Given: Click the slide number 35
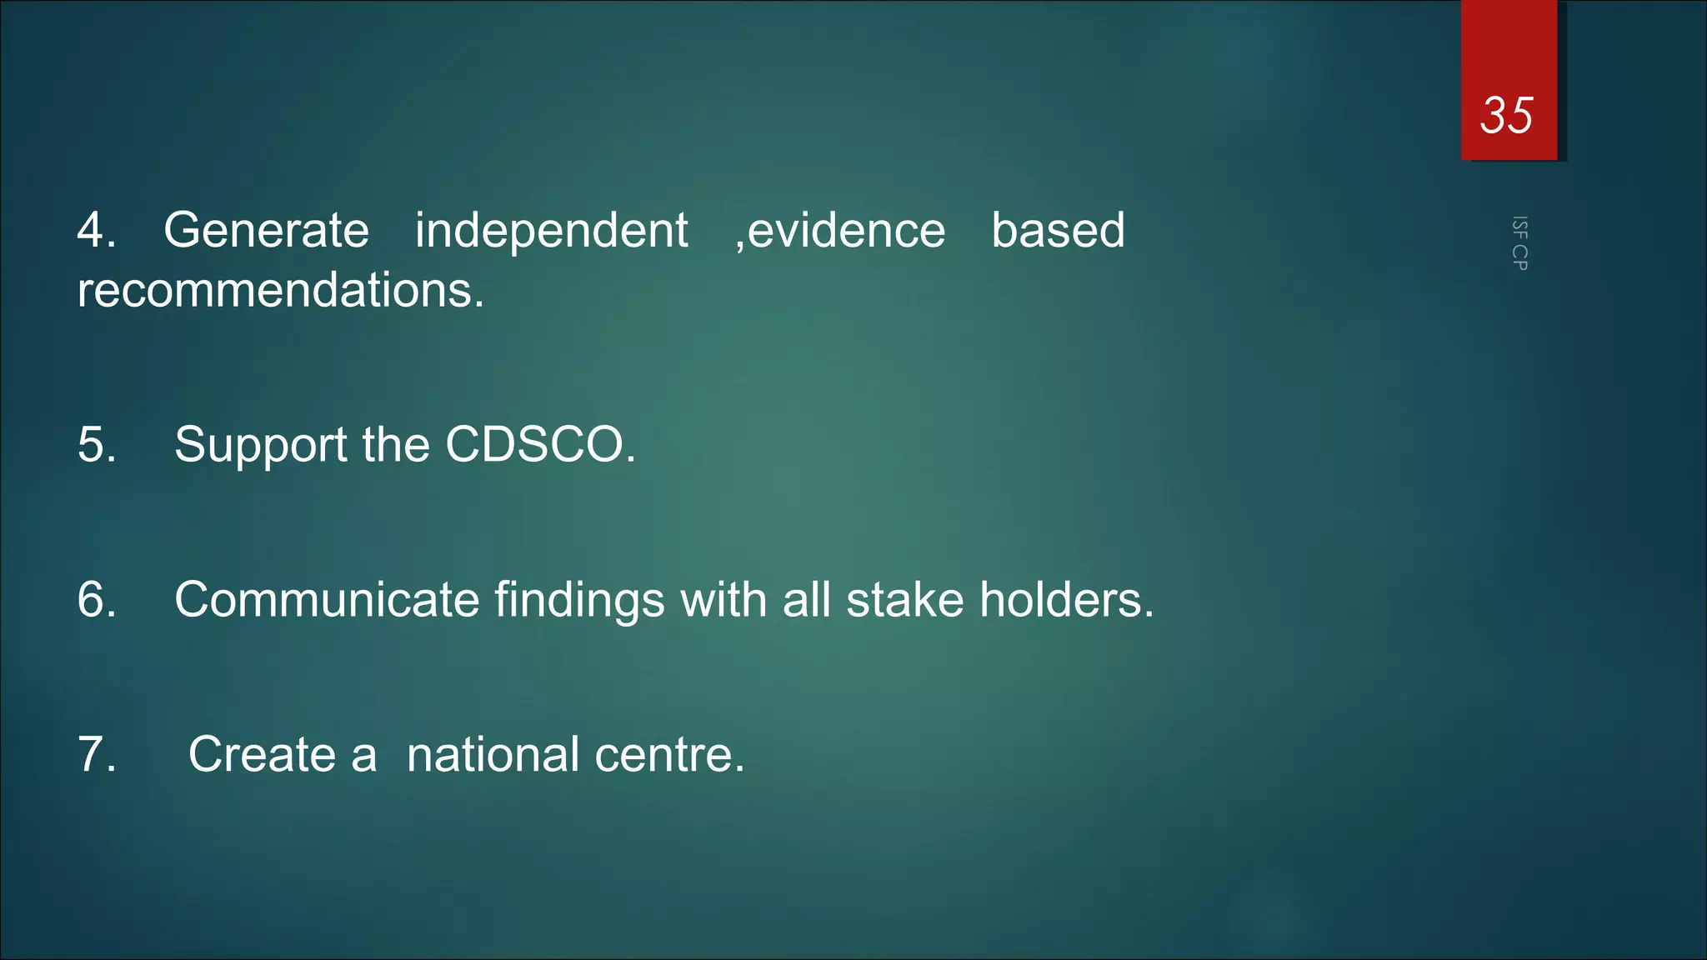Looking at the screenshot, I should [1506, 115].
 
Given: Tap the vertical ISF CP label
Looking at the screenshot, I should [1519, 243].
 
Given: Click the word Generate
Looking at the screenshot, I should [266, 231].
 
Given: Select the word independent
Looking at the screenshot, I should [551, 231].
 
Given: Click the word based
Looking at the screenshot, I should [1058, 231].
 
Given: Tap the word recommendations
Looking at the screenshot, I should [279, 291].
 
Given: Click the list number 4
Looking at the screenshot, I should [96, 231].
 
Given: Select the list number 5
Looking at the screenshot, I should [96, 444].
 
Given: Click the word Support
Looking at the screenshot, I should [261, 445].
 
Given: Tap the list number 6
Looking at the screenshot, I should [96, 600].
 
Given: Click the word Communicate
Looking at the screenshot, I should [327, 600].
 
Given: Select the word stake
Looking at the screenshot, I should [904, 600].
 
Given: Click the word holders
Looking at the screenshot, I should [1065, 600].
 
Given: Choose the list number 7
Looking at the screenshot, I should [96, 755].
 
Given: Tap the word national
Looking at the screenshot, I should [493, 755].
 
